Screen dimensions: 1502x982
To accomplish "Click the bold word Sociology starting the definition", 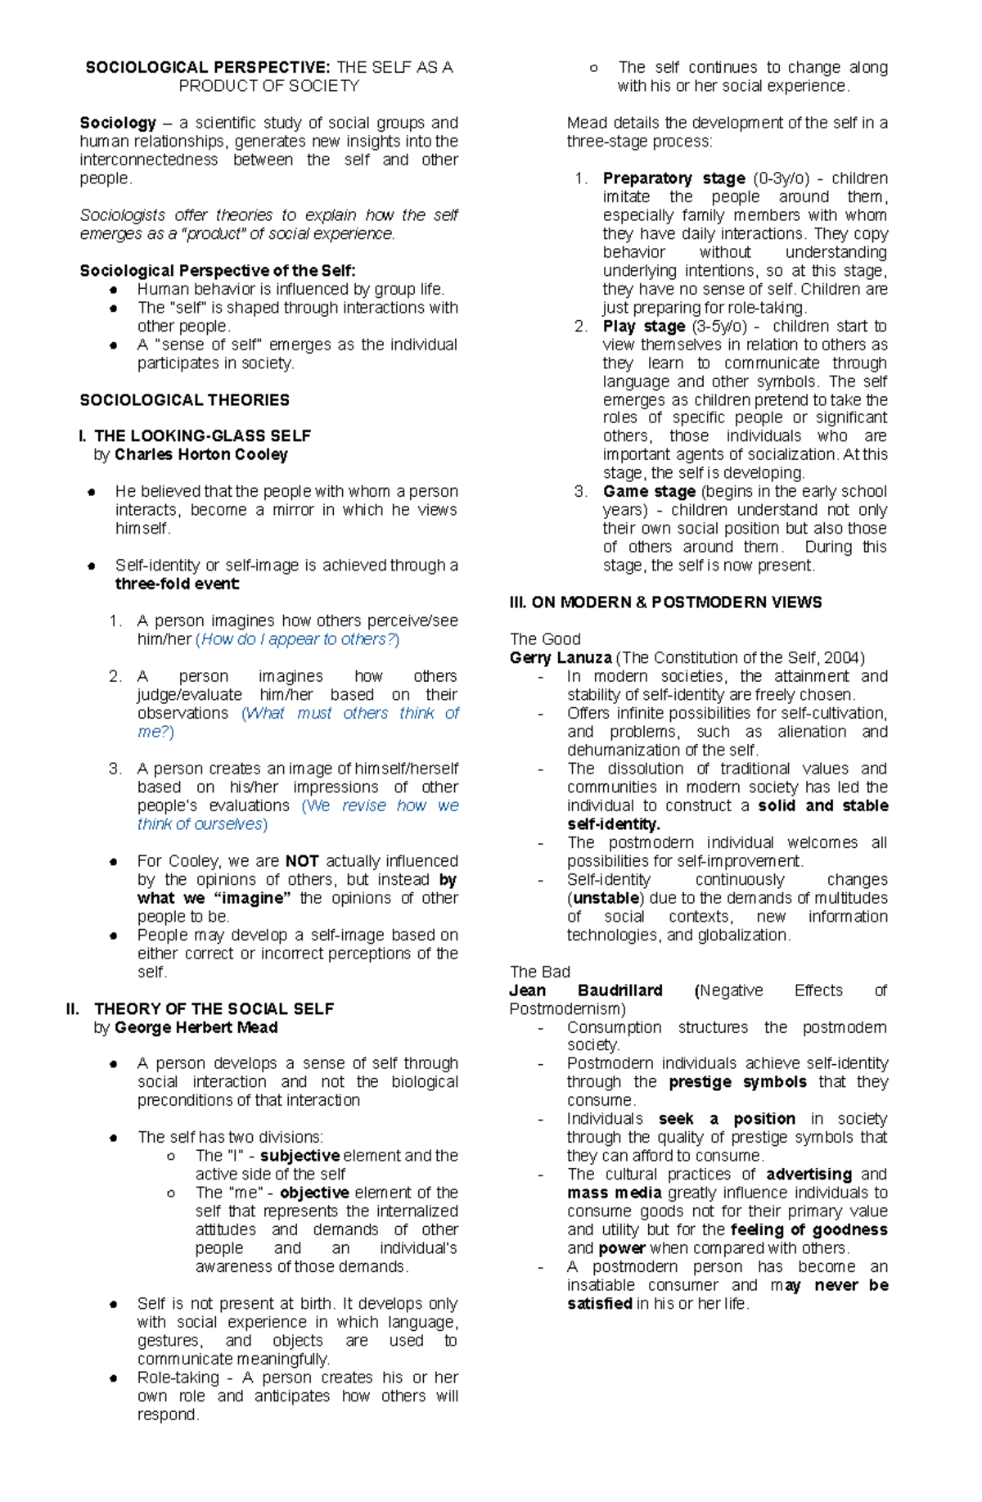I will pos(118,123).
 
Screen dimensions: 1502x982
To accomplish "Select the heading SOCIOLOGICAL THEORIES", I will pos(184,400).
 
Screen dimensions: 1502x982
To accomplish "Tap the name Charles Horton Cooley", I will pos(200,454).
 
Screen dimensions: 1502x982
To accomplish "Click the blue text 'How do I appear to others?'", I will pos(298,639).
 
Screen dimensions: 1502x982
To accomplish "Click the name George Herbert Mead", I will pos(196,1027).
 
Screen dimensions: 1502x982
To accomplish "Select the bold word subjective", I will pos(300,1156).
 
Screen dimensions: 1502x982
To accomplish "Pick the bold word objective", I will pos(314,1193).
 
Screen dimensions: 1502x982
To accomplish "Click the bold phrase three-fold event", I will pos(177,584).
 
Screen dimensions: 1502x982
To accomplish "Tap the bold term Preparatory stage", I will pos(673,178).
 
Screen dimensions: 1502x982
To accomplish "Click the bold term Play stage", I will pos(643,327).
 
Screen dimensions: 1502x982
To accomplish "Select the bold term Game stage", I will pos(649,492).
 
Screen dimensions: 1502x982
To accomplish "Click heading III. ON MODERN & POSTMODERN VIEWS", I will pos(665,602).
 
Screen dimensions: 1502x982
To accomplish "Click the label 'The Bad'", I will pos(539,972).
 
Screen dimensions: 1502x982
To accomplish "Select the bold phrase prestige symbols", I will pos(737,1082).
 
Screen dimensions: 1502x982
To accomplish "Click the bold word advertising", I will pos(809,1175).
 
